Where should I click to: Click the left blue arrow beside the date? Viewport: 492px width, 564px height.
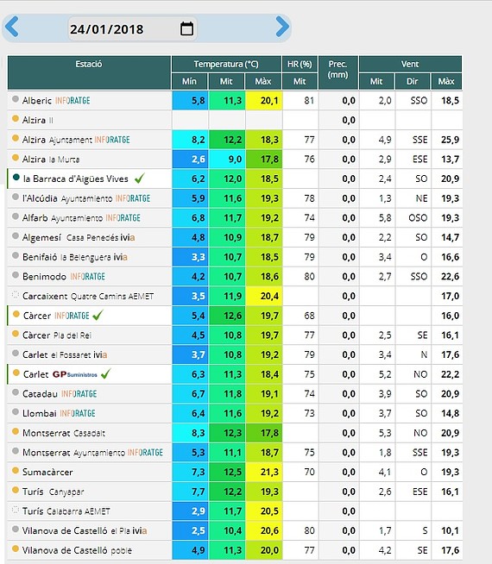tap(12, 27)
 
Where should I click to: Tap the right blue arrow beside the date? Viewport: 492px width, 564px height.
tap(282, 27)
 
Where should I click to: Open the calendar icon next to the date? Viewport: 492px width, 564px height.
tap(186, 28)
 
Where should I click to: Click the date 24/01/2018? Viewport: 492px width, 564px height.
tap(106, 29)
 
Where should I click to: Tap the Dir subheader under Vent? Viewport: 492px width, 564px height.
tap(412, 81)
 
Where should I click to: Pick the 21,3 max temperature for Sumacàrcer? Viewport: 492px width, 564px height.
tap(269, 472)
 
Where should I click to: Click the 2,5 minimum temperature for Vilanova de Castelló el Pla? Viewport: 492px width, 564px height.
tap(199, 530)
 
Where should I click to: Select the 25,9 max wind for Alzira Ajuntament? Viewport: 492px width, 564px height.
tap(450, 140)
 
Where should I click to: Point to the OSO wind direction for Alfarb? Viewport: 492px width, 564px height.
tap(418, 218)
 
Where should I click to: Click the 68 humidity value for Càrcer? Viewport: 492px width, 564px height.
tap(309, 316)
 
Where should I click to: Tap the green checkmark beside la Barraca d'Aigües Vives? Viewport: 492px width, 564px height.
tap(139, 178)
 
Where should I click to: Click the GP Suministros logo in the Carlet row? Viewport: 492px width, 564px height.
tap(75, 374)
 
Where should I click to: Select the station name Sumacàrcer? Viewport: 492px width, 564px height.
tap(47, 472)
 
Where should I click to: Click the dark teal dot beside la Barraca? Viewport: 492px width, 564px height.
tap(16, 178)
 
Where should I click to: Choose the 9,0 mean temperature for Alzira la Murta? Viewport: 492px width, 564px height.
tap(235, 159)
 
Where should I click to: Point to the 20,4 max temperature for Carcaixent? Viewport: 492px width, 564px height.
tap(269, 296)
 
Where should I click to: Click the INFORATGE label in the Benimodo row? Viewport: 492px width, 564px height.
tap(87, 277)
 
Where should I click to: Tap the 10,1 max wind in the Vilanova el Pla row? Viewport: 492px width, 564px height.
tap(450, 530)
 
